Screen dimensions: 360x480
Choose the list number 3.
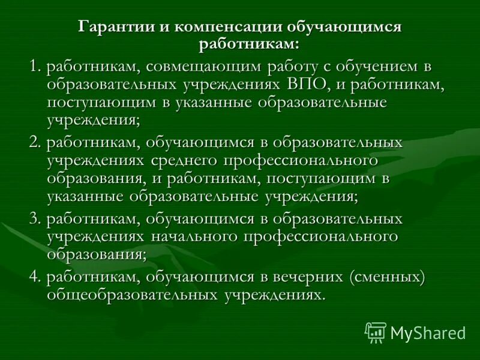pos(34,220)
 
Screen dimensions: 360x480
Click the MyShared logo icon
pos(376,331)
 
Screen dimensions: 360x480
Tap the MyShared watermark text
pos(427,332)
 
